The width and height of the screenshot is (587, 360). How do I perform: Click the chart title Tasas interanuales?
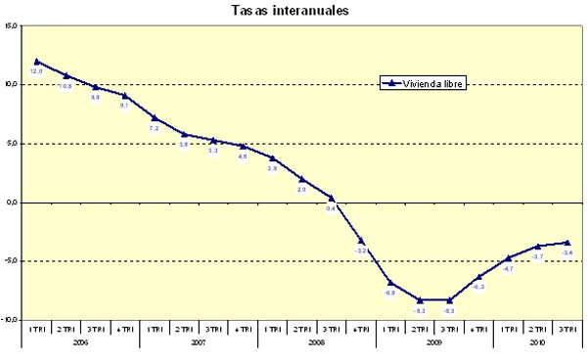point(293,11)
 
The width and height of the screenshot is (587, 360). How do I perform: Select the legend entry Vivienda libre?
point(423,84)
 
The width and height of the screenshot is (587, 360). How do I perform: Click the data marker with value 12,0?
point(36,62)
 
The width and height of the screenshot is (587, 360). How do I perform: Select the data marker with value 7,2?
point(155,118)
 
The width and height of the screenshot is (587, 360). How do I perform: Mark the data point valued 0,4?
point(331,198)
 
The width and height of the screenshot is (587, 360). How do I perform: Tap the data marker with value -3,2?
point(361,241)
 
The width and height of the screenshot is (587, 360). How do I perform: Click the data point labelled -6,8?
point(390,283)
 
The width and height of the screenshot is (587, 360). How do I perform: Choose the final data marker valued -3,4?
point(567,243)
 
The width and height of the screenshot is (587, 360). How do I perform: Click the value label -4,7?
point(508,268)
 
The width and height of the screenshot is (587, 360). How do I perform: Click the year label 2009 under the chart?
point(434,343)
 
